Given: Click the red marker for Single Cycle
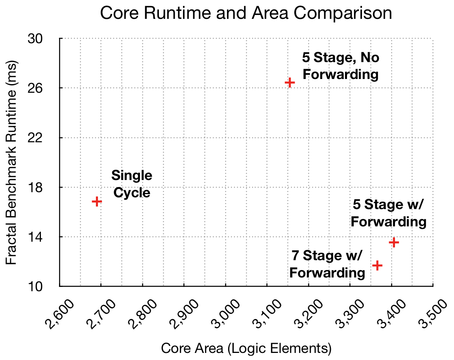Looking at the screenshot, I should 97,201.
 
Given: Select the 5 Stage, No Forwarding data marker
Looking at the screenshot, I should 290,83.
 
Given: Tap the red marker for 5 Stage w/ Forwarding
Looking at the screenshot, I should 394,242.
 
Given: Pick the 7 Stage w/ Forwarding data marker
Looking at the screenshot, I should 377,266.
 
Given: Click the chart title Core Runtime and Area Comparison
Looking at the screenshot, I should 246,13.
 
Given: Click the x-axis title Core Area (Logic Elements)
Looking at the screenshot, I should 246,348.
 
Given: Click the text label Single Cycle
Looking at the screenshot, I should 131,184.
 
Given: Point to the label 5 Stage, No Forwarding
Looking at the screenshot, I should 340,66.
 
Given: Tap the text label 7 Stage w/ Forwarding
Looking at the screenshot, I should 327,264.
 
